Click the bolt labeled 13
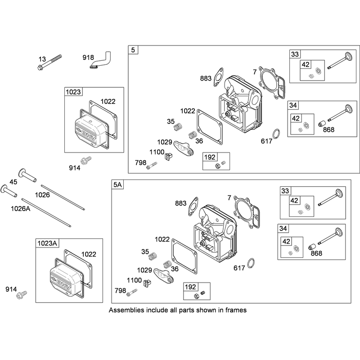pyautogui.click(x=49, y=62)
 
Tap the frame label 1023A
pyautogui.click(x=47, y=243)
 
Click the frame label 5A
pyautogui.click(x=117, y=184)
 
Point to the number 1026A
pyautogui.click(x=21, y=208)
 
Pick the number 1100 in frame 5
pyautogui.click(x=157, y=152)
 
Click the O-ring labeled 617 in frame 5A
pyautogui.click(x=251, y=263)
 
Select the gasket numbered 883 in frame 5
pyautogui.click(x=218, y=77)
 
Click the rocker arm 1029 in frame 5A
pyautogui.click(x=164, y=276)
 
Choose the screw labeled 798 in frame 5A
pyautogui.click(x=132, y=292)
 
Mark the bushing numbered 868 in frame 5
pyautogui.click(x=322, y=123)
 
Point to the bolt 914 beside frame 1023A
pyautogui.click(x=22, y=294)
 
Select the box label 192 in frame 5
pyautogui.click(x=210, y=157)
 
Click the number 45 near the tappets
pyautogui.click(x=13, y=182)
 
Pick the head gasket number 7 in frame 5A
pyautogui.click(x=229, y=198)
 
